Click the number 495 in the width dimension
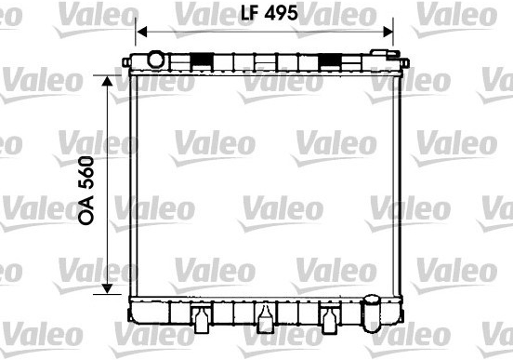pos(281,13)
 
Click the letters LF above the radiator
pos(250,13)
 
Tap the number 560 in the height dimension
pos(86,173)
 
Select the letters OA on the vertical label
pos(86,210)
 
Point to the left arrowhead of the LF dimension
pos(141,33)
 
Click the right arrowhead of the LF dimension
pos(388,33)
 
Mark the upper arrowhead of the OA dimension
pos(107,81)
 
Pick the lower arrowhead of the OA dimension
pos(107,288)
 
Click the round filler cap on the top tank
pos(155,60)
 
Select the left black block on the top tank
pos(202,60)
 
